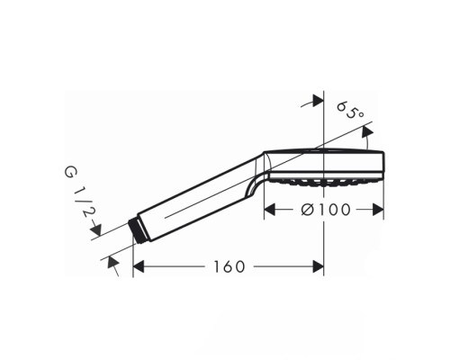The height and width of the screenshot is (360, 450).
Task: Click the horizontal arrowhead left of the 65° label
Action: coord(317,102)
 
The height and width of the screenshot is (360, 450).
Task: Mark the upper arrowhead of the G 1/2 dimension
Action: coord(96,231)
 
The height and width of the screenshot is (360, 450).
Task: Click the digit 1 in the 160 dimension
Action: coord(219,267)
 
